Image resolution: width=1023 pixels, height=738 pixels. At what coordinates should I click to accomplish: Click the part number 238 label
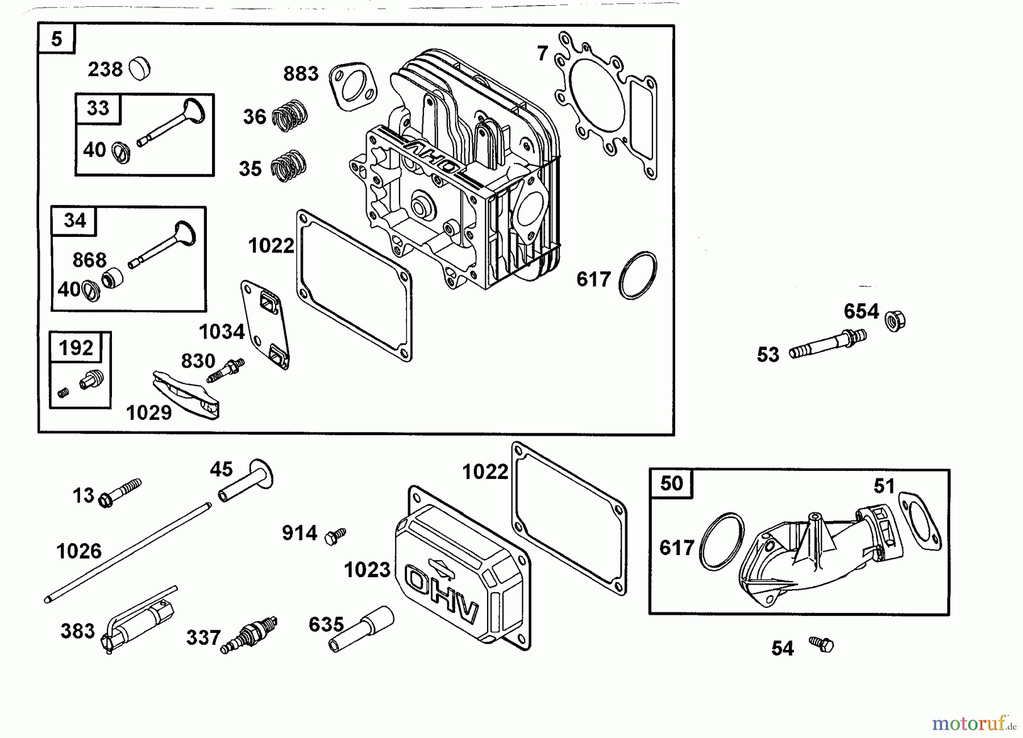105,69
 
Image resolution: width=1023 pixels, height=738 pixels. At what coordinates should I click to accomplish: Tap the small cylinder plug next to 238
140,69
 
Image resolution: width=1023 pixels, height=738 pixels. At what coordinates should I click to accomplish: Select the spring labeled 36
290,115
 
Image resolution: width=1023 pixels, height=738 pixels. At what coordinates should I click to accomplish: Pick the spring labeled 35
288,166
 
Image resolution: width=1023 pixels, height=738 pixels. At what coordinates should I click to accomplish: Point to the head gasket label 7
542,53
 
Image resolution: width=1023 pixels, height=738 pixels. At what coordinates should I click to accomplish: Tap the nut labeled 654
895,321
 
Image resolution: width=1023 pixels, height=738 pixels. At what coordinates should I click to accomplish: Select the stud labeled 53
827,343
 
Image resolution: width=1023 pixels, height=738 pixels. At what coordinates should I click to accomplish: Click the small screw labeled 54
822,643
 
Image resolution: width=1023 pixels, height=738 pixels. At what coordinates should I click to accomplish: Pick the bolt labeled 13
120,493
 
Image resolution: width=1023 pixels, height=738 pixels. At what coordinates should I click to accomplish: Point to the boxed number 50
671,483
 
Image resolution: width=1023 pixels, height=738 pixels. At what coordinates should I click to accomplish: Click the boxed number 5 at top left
56,39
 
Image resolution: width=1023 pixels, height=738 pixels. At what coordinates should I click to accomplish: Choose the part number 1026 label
79,551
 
